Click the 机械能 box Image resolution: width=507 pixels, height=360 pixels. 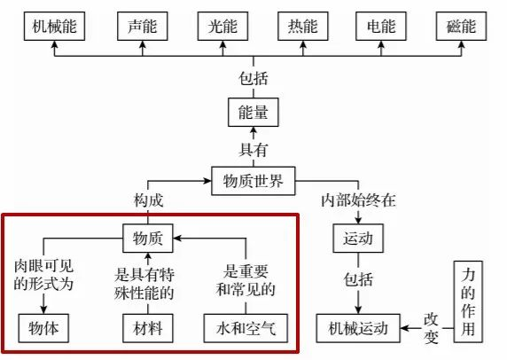(x=54, y=27)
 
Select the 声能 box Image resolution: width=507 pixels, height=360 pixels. (x=143, y=27)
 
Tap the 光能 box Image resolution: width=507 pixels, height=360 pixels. (x=222, y=27)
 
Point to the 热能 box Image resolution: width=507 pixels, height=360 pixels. (x=303, y=27)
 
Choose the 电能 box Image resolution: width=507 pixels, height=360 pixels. (x=381, y=27)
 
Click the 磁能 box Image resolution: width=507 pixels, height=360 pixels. (x=462, y=27)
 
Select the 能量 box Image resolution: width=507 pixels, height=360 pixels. (x=253, y=113)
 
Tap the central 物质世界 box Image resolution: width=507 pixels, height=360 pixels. (x=253, y=181)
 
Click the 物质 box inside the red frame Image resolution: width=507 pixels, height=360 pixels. (x=148, y=239)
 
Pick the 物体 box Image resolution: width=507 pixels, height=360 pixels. (x=43, y=328)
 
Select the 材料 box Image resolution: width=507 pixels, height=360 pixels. (x=148, y=328)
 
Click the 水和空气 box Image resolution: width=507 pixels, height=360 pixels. (x=246, y=328)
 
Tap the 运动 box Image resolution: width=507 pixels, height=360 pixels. (x=358, y=239)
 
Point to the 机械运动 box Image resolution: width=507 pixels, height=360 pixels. (x=358, y=328)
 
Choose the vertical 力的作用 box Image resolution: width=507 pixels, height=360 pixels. (x=468, y=301)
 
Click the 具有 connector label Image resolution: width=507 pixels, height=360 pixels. (x=253, y=150)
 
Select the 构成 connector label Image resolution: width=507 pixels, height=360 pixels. (x=148, y=200)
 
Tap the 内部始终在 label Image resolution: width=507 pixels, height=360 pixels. (x=358, y=200)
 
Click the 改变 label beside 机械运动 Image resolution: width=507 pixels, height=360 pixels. (x=432, y=328)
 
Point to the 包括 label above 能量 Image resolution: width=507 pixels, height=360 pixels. (x=253, y=78)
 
